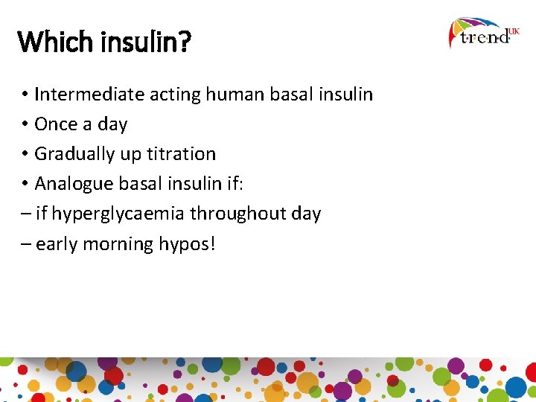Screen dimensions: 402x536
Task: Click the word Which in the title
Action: tap(49, 42)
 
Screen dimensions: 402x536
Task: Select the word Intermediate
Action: tap(89, 95)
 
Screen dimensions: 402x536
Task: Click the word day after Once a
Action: tap(112, 125)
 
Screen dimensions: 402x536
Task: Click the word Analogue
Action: tap(74, 185)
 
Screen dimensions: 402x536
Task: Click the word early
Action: tap(57, 244)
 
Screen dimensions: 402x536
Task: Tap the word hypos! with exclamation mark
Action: tap(187, 245)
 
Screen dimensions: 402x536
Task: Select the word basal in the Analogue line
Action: tap(143, 184)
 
